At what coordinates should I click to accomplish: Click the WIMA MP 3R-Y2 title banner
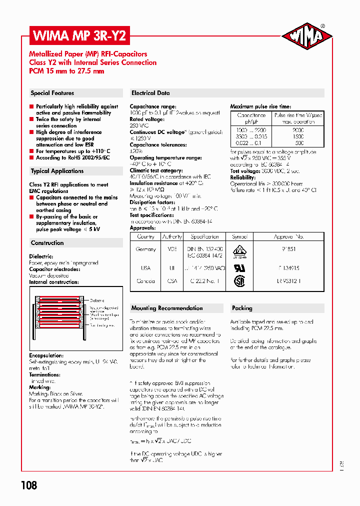(80, 36)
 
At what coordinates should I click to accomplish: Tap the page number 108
(29, 484)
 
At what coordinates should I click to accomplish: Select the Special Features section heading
(52, 93)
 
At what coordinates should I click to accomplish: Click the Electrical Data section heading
(150, 93)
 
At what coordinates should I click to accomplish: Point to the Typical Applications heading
(57, 171)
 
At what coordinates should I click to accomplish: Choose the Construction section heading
(47, 243)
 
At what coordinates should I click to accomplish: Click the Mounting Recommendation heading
(167, 308)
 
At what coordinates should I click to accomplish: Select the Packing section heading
(242, 308)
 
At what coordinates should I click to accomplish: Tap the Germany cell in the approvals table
(145, 249)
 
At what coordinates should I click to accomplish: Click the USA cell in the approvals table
(145, 268)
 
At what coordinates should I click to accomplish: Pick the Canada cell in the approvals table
(145, 281)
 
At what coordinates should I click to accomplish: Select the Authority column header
(172, 236)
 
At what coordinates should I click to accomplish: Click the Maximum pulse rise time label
(260, 106)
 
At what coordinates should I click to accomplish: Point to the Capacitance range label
(152, 106)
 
